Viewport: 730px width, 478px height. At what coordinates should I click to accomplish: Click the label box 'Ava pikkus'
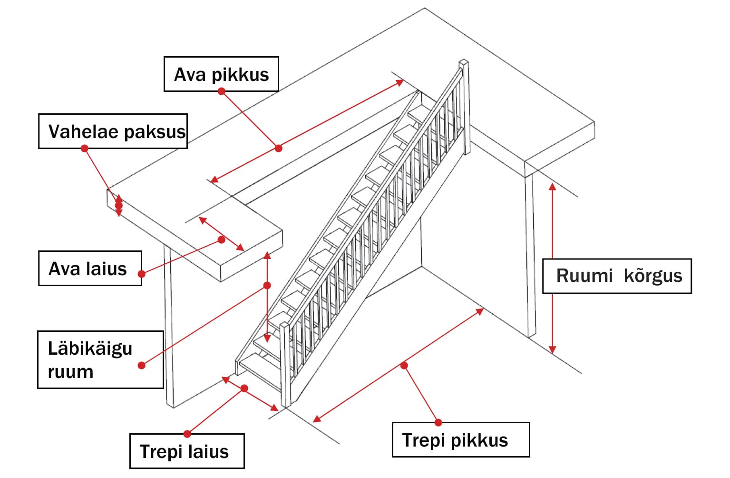tap(221, 74)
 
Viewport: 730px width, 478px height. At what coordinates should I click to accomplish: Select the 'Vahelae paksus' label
tap(113, 131)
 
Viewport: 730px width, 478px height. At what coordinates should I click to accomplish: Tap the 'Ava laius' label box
tap(90, 269)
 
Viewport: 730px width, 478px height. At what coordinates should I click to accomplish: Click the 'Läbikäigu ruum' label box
tap(100, 359)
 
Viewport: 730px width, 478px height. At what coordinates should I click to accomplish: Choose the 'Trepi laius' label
tap(187, 451)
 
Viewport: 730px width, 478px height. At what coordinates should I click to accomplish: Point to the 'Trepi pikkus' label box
tap(460, 440)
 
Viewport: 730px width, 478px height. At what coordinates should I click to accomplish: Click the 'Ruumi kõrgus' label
tap(617, 276)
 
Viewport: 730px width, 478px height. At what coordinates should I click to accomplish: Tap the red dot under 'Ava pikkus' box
tap(221, 91)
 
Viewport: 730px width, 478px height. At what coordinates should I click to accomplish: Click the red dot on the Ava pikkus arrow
tap(279, 149)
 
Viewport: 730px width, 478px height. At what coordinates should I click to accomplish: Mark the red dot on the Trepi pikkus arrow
tap(404, 366)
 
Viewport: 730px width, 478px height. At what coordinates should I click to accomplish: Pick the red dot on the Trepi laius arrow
tap(244, 388)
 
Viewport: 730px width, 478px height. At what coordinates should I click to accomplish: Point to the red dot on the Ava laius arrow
tap(221, 240)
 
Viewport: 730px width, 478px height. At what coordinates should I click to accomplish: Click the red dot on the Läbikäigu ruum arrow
tap(267, 286)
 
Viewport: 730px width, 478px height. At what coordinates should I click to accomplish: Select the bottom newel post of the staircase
tap(285, 364)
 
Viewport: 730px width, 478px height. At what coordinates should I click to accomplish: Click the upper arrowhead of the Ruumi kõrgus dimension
tap(552, 187)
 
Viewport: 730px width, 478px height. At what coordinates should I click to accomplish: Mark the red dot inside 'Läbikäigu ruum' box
tap(141, 366)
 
